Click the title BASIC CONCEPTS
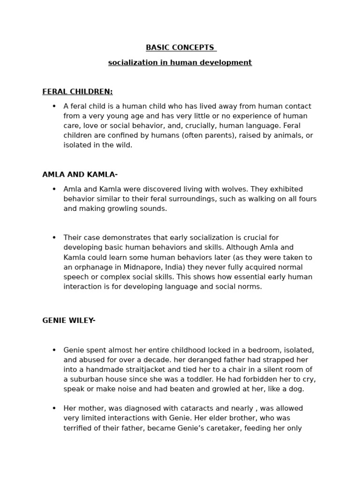[x=180, y=47]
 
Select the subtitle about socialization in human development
[x=180, y=62]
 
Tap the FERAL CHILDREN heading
[x=77, y=91]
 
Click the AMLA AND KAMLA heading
[x=80, y=175]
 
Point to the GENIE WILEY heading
[x=69, y=321]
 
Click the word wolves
[x=236, y=189]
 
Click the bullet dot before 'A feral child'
[x=54, y=106]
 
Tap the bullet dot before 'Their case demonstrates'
[x=54, y=238]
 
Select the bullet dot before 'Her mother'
[x=54, y=408]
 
